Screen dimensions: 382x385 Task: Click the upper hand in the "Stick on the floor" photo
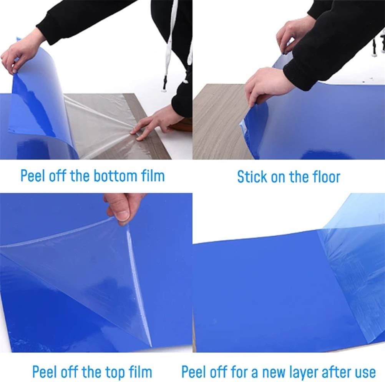click(x=294, y=35)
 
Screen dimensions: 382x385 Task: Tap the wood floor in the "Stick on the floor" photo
click(x=219, y=127)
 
